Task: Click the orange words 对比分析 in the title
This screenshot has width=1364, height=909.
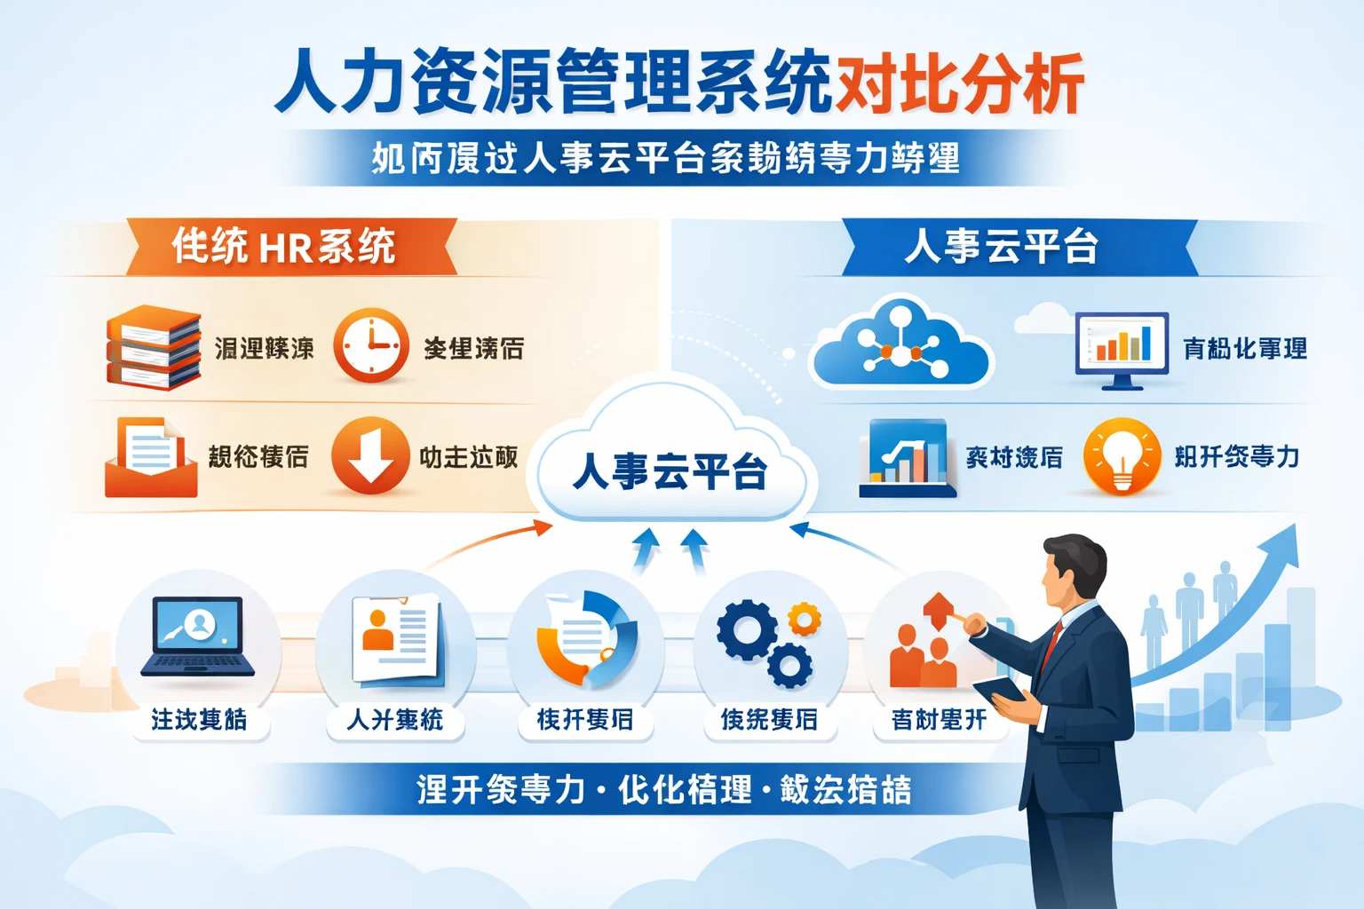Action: [x=959, y=84]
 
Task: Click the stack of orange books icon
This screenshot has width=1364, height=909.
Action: [x=153, y=348]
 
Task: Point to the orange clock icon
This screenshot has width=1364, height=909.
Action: [x=371, y=345]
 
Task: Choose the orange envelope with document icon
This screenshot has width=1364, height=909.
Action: [x=150, y=457]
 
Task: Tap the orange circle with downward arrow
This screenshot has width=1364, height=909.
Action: [x=370, y=454]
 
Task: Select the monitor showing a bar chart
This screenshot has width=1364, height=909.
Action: [x=1122, y=348]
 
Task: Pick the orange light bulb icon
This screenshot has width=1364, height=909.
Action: [x=1122, y=455]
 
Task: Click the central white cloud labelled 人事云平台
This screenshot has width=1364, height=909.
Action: [x=670, y=462]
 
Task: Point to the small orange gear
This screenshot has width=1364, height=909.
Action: [x=805, y=619]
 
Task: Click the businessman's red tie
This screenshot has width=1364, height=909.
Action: [x=1052, y=643]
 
